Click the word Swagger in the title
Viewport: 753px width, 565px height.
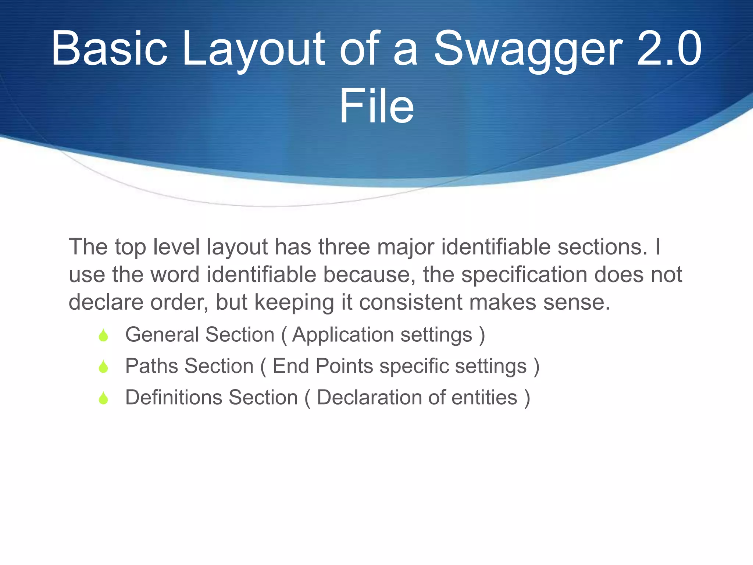[528, 50]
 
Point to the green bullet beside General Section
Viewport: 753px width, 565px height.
[103, 335]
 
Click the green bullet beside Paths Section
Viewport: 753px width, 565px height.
[103, 367]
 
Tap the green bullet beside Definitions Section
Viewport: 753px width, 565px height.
[103, 398]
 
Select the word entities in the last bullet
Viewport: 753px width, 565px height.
[484, 398]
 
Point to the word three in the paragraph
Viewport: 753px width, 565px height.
[344, 247]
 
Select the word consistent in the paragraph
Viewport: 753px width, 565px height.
[410, 302]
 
